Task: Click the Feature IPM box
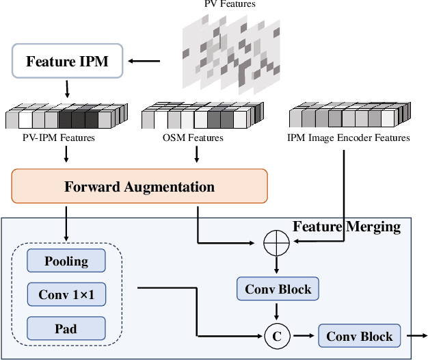point(67,62)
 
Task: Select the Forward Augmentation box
point(139,187)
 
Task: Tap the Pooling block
point(66,261)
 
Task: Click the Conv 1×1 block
point(66,295)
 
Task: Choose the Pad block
point(66,329)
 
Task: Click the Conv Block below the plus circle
point(278,290)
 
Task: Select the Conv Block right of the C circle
point(359,336)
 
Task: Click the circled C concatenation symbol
point(277,336)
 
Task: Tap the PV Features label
point(230,4)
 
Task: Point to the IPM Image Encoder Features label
point(349,138)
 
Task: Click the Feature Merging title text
point(346,226)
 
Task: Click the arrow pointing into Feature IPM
point(144,62)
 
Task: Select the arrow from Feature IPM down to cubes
point(67,89)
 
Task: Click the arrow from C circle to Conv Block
point(304,336)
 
